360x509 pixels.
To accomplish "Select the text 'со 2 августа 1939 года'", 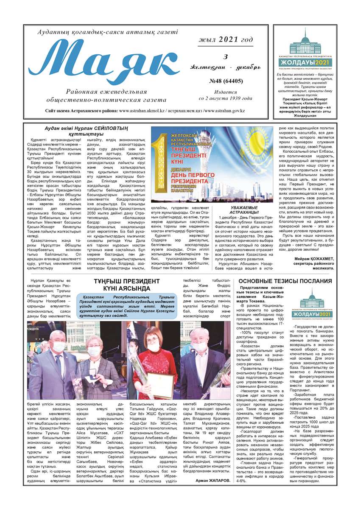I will pyautogui.click(x=225, y=98).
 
